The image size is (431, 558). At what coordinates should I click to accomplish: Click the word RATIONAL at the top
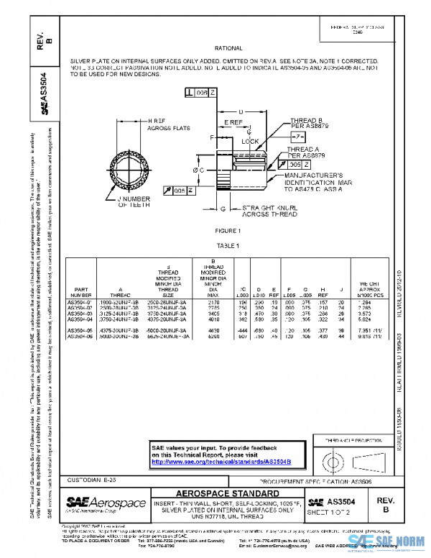pyautogui.click(x=228, y=48)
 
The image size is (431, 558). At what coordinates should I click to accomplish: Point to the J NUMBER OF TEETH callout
pyautogui.click(x=134, y=201)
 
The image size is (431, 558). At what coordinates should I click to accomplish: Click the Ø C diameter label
pyautogui.click(x=198, y=169)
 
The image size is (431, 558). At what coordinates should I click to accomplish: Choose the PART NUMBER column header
pyautogui.click(x=81, y=292)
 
